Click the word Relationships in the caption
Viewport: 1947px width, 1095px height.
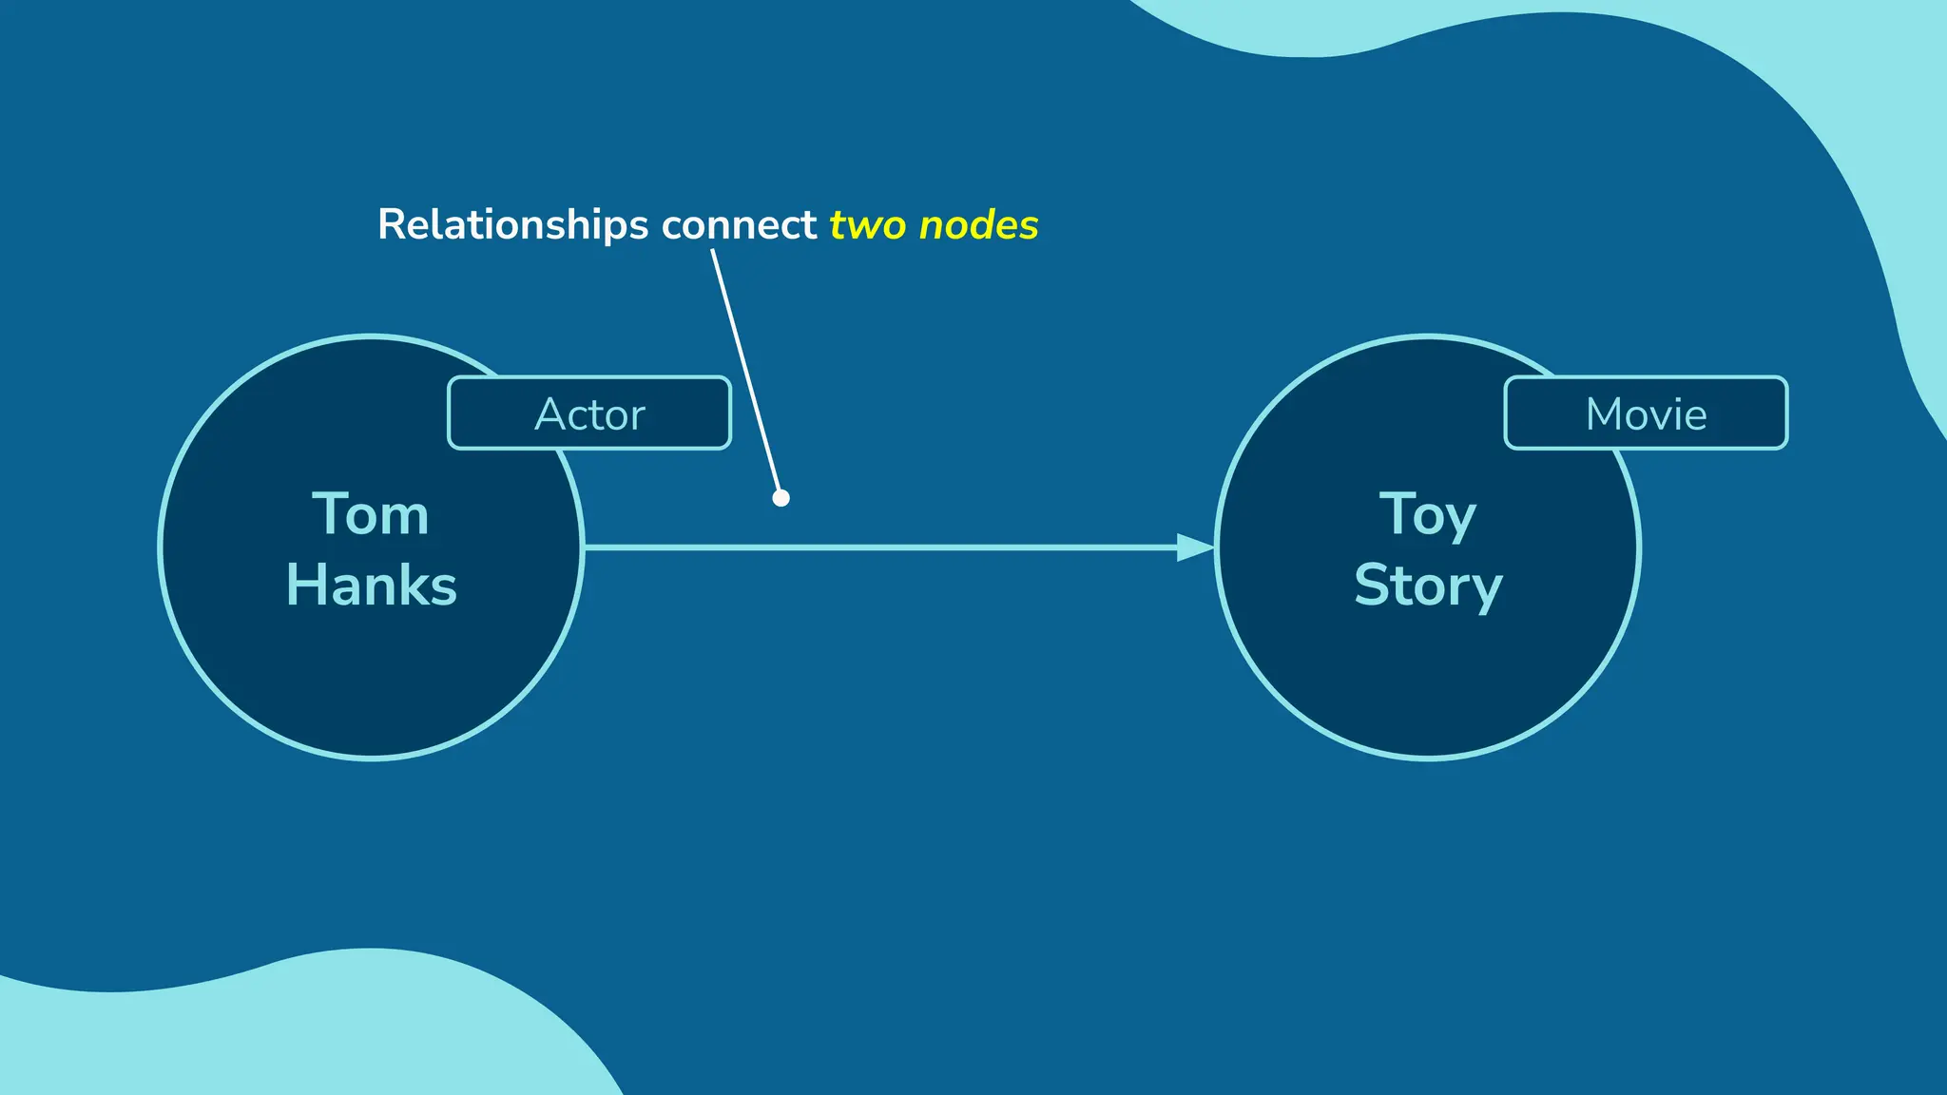(x=513, y=225)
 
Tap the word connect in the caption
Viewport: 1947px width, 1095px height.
(x=739, y=225)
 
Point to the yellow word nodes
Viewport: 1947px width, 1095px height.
(x=979, y=225)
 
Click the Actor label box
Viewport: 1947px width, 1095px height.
(x=589, y=413)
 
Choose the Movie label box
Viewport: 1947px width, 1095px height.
(x=1646, y=413)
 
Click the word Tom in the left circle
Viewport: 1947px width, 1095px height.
(x=371, y=515)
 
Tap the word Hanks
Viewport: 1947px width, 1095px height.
(x=372, y=585)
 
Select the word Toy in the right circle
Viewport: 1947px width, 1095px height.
(x=1428, y=516)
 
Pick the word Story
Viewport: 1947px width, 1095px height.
(x=1428, y=586)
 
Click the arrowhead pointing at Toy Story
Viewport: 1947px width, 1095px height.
(x=1195, y=547)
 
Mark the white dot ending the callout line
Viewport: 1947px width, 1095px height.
(x=781, y=498)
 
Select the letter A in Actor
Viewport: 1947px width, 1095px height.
(x=550, y=414)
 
